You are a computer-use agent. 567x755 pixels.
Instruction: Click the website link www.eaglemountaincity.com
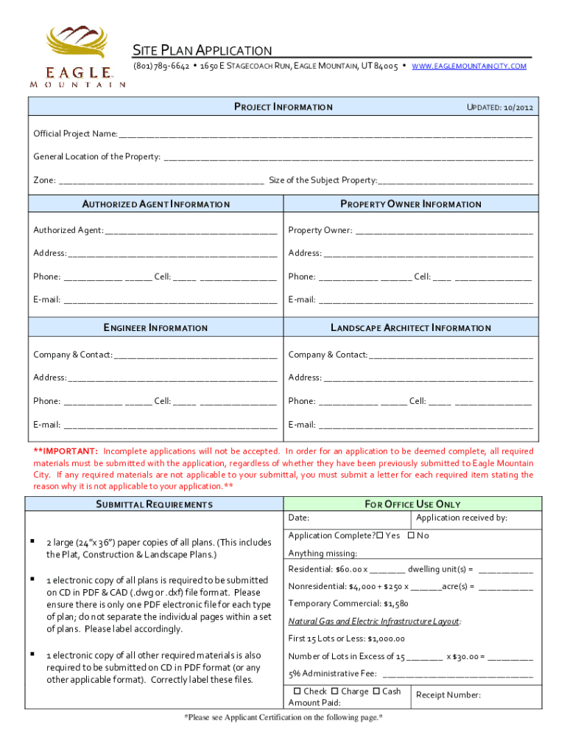point(469,66)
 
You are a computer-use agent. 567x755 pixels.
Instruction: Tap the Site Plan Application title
point(202,50)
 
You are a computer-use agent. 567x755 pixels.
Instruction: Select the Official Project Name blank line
point(325,135)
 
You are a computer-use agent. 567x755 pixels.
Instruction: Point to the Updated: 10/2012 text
point(500,108)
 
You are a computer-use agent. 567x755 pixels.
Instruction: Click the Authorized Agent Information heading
point(155,204)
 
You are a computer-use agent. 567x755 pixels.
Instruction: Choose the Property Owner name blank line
point(444,232)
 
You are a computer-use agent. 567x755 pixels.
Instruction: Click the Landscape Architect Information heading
point(410,327)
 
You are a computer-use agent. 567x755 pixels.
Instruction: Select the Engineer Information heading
point(155,327)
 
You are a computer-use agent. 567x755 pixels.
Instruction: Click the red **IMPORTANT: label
point(66,451)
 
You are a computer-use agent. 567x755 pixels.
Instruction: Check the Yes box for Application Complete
point(379,535)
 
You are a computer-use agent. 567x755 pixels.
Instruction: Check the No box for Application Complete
point(411,535)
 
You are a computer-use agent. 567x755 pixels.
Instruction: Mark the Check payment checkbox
point(297,692)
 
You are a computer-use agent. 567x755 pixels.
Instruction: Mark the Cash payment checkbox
point(376,692)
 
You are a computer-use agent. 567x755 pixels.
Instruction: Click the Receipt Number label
point(448,695)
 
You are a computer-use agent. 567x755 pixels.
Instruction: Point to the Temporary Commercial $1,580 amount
point(396,603)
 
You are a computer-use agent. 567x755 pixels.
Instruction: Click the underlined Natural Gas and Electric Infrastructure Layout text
point(374,622)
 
